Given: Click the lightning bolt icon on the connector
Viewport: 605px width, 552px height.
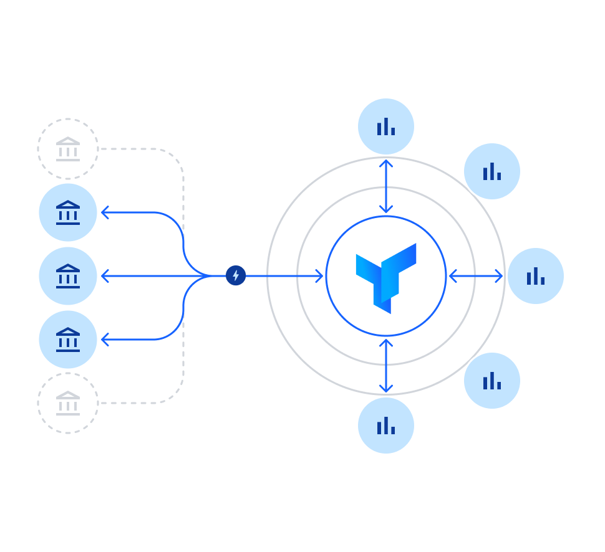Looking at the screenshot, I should point(236,275).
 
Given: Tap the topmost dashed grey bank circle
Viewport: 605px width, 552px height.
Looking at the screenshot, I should point(68,150).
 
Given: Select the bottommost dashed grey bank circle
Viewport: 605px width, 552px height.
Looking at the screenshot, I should point(68,403).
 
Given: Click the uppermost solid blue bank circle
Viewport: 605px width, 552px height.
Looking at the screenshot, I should point(68,212).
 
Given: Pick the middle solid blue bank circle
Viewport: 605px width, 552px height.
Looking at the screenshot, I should point(68,276).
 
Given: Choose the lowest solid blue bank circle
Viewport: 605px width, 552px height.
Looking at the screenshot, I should point(68,340).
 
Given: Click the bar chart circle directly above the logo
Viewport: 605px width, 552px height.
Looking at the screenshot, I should point(386,126).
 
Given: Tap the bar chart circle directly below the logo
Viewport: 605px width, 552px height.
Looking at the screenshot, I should point(386,426).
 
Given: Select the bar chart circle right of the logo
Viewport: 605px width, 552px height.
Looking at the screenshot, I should point(536,276).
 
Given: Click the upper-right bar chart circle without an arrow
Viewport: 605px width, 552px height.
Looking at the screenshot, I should point(492,171).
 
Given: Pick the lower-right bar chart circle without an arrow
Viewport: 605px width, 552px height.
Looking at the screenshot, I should point(492,381).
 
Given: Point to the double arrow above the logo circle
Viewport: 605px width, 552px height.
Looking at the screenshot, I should point(386,186).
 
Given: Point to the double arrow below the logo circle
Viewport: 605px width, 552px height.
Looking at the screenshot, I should point(386,366).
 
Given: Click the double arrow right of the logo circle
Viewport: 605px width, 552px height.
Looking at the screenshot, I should point(476,276).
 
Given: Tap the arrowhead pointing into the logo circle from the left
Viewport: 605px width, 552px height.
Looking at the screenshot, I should point(319,276).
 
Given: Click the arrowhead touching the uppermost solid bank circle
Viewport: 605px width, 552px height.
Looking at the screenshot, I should point(105,212).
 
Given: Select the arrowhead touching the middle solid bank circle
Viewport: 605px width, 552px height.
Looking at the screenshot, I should point(105,276).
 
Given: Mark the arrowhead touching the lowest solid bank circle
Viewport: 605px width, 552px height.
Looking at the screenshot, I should point(105,340).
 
